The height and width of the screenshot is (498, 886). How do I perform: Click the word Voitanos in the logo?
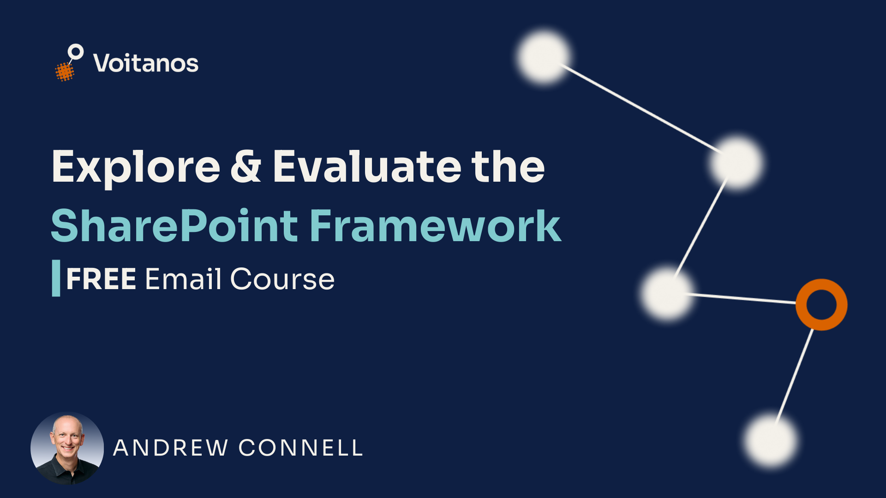(146, 63)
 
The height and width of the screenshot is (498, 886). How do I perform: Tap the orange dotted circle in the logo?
(65, 71)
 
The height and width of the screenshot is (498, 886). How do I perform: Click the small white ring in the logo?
(76, 52)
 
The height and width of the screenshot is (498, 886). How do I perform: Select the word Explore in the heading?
(136, 167)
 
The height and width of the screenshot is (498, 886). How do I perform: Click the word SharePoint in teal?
(174, 226)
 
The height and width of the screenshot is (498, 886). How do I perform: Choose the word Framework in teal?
(435, 226)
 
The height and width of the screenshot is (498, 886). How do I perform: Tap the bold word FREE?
(101, 279)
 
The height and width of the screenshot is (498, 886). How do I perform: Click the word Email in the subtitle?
(183, 279)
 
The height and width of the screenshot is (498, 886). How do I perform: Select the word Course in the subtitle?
(282, 279)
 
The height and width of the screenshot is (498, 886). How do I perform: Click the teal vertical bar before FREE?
(56, 278)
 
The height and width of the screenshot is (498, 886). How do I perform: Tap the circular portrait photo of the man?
(67, 448)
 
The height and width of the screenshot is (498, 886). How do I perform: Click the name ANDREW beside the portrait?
(171, 448)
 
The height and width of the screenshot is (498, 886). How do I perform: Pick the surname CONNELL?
(301, 448)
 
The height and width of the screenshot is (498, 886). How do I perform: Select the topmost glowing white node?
(544, 56)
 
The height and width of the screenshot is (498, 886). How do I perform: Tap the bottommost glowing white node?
(770, 440)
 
